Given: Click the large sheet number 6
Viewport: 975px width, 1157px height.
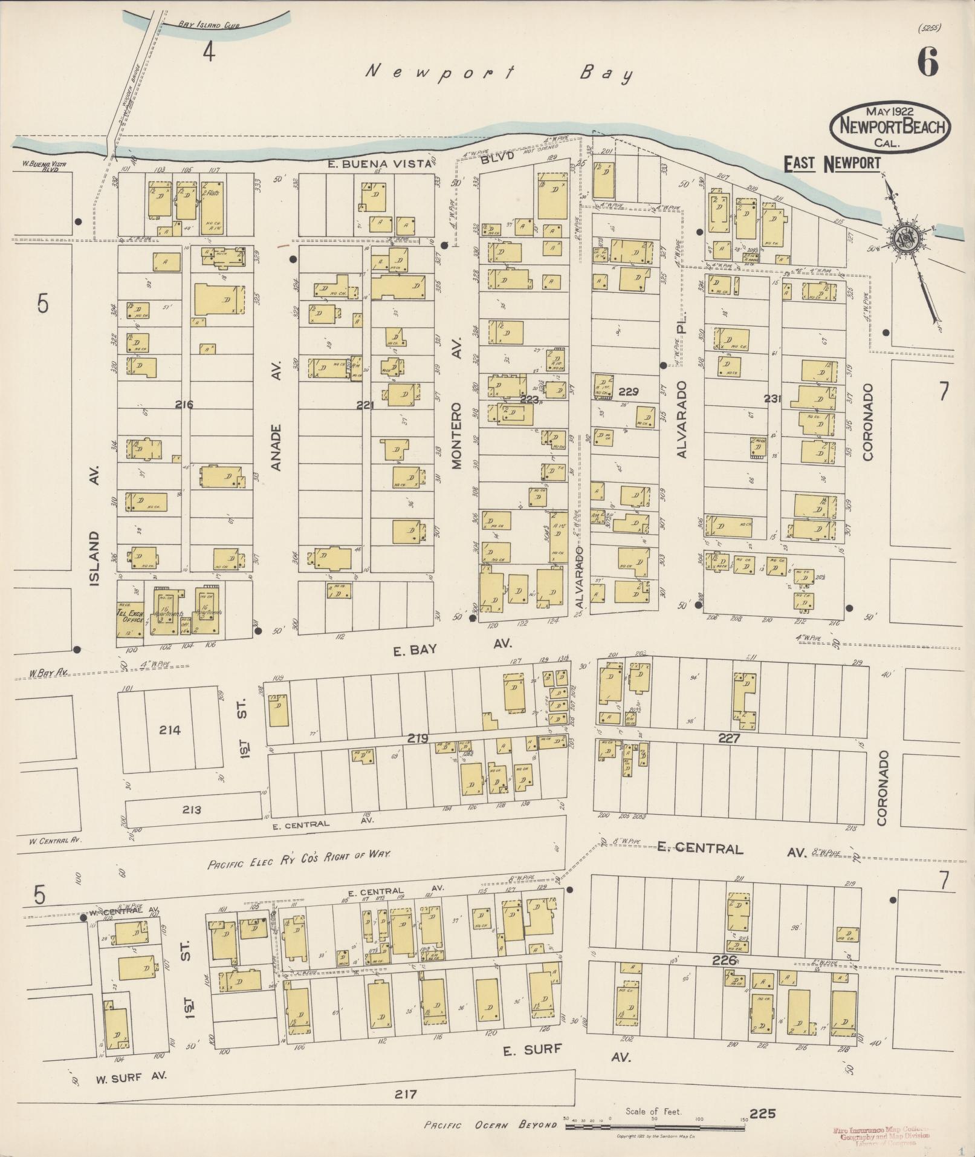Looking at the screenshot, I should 928,62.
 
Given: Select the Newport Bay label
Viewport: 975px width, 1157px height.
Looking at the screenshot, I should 500,74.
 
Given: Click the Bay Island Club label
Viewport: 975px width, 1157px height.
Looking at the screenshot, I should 199,25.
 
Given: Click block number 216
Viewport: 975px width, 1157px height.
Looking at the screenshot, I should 184,405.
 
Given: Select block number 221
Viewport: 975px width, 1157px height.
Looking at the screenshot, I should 365,406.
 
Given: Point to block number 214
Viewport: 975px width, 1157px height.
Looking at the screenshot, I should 170,730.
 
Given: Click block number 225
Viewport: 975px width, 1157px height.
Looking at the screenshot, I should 762,1113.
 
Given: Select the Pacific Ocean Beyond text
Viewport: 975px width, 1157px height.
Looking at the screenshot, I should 490,1125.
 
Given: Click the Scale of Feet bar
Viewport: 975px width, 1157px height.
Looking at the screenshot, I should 656,1121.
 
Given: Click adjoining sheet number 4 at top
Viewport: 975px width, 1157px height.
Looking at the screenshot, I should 209,53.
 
